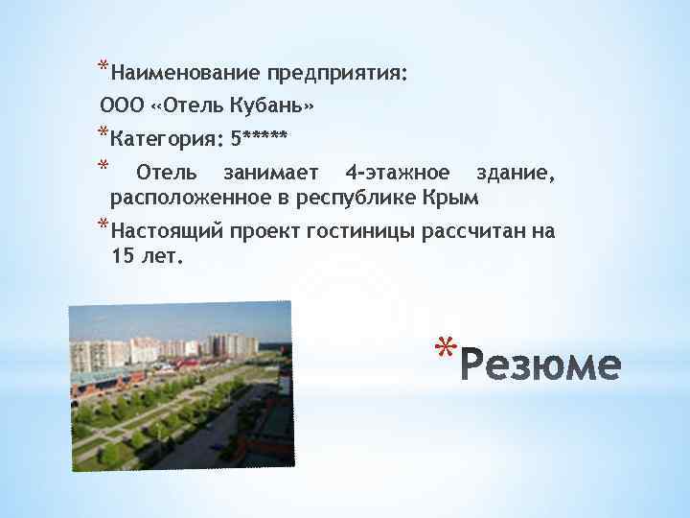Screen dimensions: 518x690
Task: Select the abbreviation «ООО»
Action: [x=120, y=104]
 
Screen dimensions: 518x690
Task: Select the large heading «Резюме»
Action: [x=541, y=365]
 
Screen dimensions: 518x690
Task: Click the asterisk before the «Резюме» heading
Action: [x=443, y=347]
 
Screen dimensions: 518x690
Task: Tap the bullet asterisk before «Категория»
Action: [x=102, y=131]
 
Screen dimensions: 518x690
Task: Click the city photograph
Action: [x=181, y=387]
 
